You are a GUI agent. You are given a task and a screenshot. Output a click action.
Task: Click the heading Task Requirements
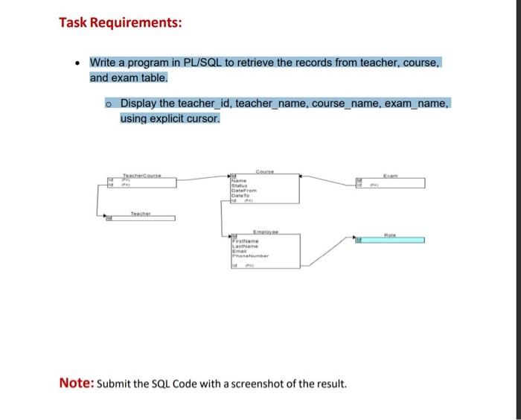120,23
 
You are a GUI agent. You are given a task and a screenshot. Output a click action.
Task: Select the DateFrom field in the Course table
245,191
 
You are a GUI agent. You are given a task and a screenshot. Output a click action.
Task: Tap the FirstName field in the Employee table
246,242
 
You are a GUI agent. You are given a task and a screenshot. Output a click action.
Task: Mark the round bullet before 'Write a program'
77,64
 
